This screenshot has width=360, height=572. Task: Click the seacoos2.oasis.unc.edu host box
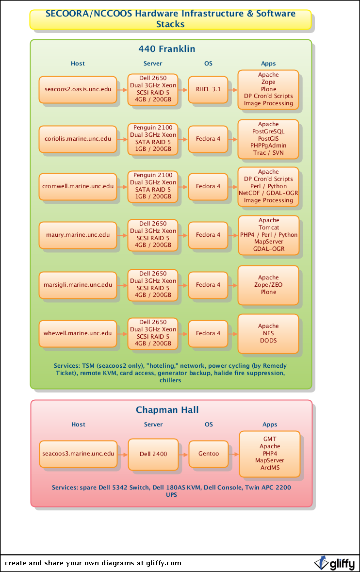[78, 89]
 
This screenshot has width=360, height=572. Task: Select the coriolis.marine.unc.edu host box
[78, 139]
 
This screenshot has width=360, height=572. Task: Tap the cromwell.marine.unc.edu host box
[78, 186]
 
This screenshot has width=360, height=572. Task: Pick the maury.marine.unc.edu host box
[78, 235]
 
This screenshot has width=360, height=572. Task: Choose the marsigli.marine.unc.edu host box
[78, 285]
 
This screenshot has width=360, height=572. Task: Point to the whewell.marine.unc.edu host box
[78, 333]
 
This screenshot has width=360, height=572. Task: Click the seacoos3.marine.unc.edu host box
[78, 454]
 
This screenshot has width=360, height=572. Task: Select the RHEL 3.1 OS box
[208, 89]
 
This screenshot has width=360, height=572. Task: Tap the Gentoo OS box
[209, 454]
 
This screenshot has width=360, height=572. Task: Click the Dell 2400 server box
[153, 454]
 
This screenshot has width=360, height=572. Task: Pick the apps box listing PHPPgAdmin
[268, 139]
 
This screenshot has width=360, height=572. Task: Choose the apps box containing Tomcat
[269, 235]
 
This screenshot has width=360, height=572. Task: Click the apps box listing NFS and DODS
[268, 333]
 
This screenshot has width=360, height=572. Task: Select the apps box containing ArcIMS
[270, 454]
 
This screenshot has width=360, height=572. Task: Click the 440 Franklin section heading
[167, 49]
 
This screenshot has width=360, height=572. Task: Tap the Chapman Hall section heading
[167, 410]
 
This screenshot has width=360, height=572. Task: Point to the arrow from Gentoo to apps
[234, 454]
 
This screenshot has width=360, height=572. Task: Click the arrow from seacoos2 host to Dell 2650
[122, 90]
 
